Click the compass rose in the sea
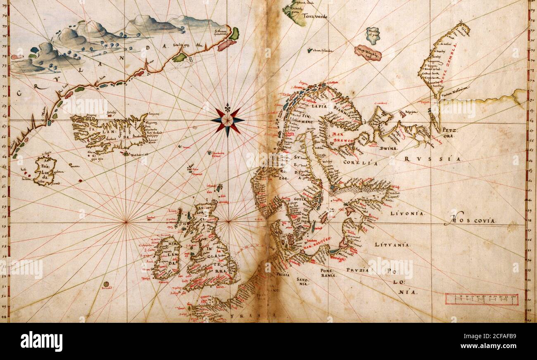[x=227, y=120]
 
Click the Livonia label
[x=407, y=213]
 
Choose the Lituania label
[x=392, y=245]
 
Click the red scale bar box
[x=481, y=299]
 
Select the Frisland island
[x=45, y=171]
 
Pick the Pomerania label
[x=329, y=272]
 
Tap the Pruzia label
[x=358, y=271]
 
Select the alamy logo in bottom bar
[x=41, y=341]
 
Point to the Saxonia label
[x=302, y=282]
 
